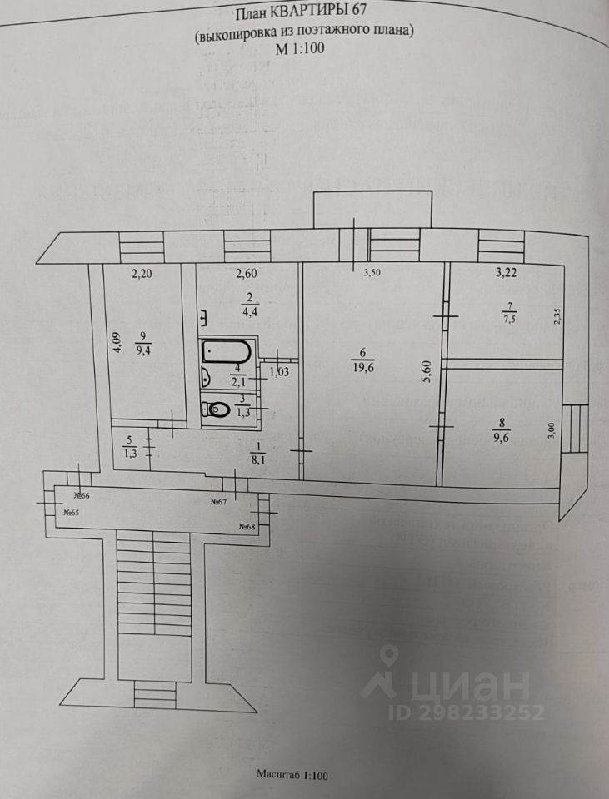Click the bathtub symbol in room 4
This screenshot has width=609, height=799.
coord(225,352)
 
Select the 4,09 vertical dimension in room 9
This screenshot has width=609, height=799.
coord(117,343)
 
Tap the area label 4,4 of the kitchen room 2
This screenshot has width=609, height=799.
coord(250,314)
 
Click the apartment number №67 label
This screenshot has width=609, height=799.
coord(219,501)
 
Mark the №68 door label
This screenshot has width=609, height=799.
coord(247,526)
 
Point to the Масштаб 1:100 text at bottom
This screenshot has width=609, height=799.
coord(293,776)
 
